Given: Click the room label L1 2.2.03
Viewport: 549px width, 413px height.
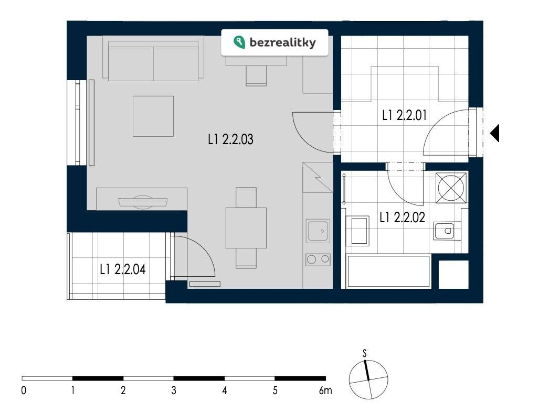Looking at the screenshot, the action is [230, 139].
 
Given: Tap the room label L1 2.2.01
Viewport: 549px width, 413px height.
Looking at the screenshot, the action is [404, 115].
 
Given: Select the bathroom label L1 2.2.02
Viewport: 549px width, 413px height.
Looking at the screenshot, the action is [402, 217].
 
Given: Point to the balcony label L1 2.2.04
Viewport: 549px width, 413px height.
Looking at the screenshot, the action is [122, 269].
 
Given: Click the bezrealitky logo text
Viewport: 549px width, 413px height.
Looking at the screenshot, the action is [282, 42].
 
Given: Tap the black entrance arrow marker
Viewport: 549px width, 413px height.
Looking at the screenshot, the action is [494, 133].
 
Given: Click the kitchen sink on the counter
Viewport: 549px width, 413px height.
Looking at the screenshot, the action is [318, 231].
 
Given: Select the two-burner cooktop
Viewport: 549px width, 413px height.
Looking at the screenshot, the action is [318, 259].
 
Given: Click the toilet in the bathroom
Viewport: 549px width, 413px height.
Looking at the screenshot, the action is [444, 231].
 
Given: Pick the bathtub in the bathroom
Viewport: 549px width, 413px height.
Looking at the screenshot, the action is [388, 271].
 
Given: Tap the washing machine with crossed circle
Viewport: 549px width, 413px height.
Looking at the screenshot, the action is [451, 188].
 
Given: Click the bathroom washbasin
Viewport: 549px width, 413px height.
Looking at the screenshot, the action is [357, 231].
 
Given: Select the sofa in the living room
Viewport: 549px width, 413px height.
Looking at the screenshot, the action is [153, 59].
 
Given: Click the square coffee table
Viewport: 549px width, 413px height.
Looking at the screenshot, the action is [153, 116].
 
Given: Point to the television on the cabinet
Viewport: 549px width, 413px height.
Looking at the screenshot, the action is [143, 202].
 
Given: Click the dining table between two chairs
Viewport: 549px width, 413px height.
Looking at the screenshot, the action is [246, 228].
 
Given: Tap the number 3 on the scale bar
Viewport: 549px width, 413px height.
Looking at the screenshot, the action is [174, 390].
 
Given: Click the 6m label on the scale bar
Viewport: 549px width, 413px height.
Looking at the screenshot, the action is [325, 390].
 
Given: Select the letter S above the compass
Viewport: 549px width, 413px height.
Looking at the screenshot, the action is [364, 353].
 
